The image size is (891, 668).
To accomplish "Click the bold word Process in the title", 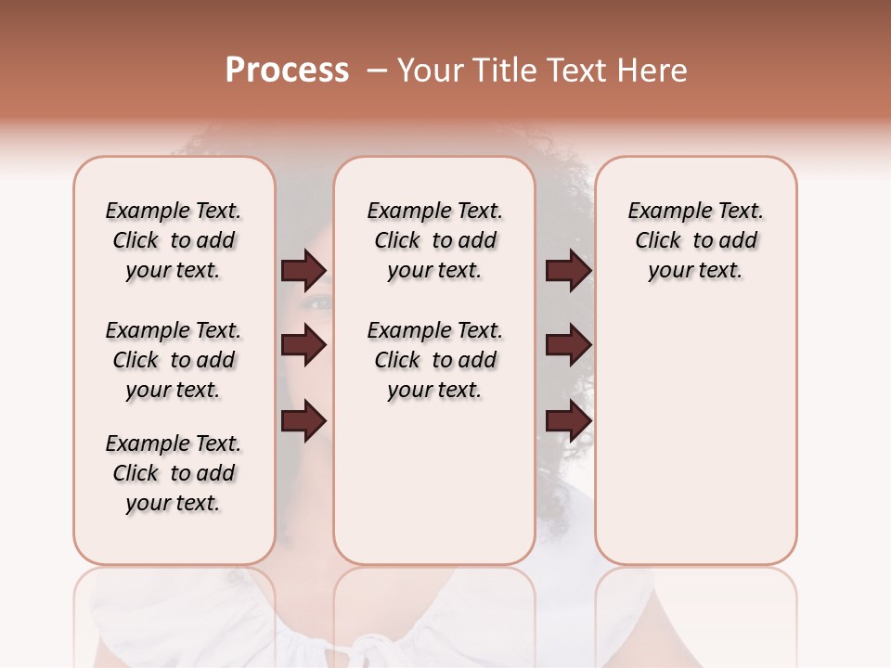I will (x=287, y=71).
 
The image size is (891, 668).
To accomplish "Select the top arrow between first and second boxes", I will (x=303, y=270).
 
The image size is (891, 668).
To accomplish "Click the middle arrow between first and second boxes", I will (x=303, y=346).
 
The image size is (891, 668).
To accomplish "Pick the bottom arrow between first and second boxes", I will (x=303, y=421).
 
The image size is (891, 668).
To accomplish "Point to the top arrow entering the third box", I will (x=569, y=270).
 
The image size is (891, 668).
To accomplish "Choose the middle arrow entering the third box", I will (x=569, y=346).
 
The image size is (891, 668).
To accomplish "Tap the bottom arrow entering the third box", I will (x=569, y=421).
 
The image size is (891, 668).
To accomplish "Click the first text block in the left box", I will (x=174, y=240).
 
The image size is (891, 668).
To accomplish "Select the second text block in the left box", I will (x=174, y=360).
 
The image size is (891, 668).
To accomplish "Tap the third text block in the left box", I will (x=174, y=473).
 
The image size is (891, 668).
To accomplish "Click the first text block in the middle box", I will (x=434, y=240).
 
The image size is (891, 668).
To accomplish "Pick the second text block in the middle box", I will (x=434, y=360).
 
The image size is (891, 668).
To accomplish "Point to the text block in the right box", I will (x=695, y=240).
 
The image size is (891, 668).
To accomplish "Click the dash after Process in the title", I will (x=377, y=71).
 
